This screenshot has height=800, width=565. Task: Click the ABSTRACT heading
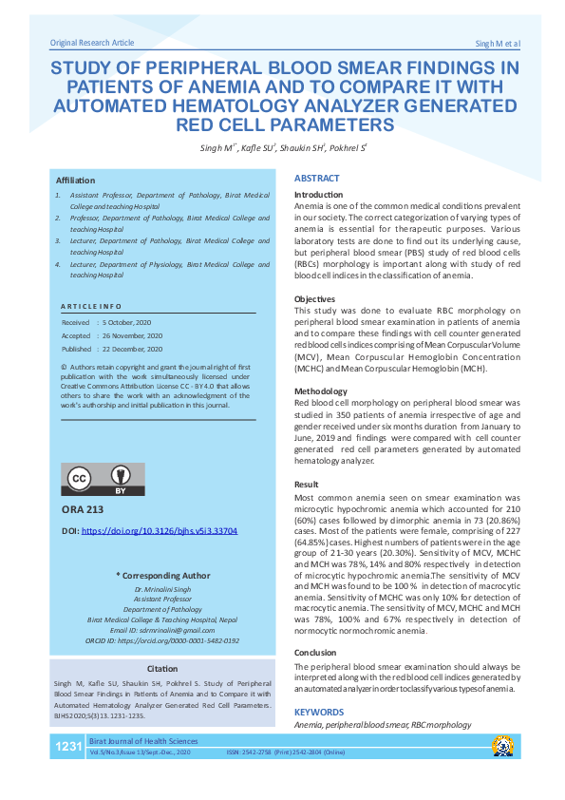[316, 179]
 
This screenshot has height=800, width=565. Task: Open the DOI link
[160, 531]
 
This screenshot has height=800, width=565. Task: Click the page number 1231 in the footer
[69, 747]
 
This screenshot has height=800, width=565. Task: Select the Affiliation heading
[75, 179]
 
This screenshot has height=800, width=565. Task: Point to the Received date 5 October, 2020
[133, 323]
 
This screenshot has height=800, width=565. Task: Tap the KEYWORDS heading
[319, 711]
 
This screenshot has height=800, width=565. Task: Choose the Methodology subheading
[321, 391]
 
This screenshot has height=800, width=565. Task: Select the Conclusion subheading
[315, 653]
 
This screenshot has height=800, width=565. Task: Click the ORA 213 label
[82, 509]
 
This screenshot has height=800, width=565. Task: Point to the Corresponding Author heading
[162, 575]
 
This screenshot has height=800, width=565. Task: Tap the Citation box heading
[162, 669]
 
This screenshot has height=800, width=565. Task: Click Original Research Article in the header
[91, 43]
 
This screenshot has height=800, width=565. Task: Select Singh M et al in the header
[497, 45]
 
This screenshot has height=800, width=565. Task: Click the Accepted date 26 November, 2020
[133, 335]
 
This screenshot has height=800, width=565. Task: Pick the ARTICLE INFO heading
[91, 307]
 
